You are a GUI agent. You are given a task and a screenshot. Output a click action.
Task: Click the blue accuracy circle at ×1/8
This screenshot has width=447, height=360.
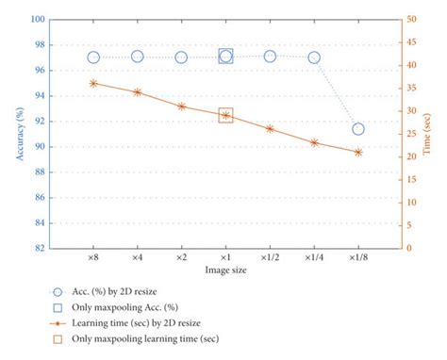358,128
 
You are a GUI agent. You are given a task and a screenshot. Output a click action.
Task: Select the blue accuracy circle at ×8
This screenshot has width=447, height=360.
93,57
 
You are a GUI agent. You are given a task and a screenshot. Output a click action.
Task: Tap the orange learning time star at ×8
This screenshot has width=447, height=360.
93,83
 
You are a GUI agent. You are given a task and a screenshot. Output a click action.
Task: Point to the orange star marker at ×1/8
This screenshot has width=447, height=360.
358,152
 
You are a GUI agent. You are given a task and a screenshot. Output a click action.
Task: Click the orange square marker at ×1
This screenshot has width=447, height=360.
225,115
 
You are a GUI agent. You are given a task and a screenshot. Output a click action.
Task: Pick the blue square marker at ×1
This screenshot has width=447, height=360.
225,57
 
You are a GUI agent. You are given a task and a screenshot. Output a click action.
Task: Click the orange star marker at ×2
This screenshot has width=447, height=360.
181,106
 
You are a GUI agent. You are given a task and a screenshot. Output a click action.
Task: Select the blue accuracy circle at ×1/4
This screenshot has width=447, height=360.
314,57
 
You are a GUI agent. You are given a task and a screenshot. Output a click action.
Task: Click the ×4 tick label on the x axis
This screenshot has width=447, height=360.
137,256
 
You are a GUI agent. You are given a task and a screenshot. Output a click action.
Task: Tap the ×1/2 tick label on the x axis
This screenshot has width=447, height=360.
270,256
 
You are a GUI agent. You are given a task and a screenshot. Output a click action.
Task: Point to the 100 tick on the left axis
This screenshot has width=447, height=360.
37,19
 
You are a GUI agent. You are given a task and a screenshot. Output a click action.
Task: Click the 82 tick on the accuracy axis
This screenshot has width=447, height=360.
39,249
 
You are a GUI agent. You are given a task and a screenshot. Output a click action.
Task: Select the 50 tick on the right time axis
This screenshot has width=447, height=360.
413,19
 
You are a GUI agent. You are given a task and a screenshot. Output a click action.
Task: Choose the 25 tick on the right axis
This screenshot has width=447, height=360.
413,134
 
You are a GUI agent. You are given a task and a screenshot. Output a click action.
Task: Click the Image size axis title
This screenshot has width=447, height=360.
226,270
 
